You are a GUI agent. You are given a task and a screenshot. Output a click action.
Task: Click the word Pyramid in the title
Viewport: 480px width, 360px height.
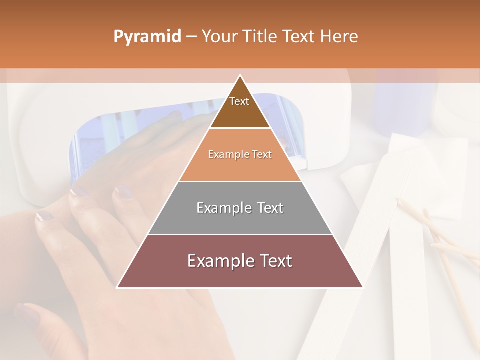(147, 37)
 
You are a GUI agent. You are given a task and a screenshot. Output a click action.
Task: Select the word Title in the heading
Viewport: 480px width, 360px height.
(261, 37)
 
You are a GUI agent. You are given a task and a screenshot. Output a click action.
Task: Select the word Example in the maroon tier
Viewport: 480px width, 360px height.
(220, 261)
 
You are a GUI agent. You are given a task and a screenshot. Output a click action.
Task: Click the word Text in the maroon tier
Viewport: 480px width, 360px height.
(274, 261)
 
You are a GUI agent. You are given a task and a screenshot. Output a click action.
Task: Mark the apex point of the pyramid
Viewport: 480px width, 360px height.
(240, 75)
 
